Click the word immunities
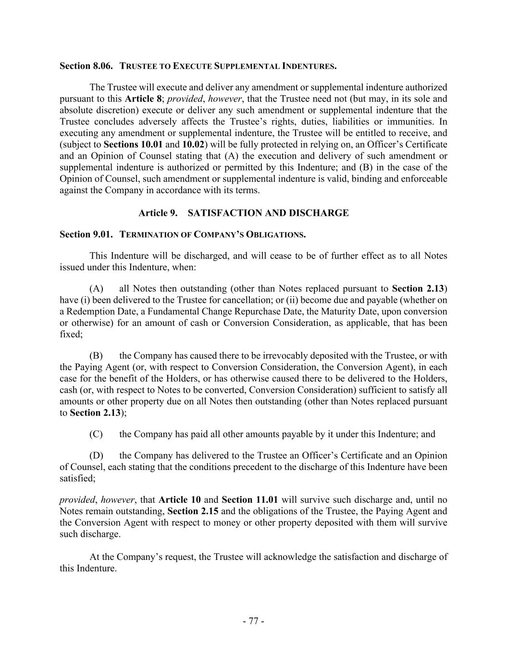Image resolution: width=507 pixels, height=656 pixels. pyautogui.click(x=423, y=122)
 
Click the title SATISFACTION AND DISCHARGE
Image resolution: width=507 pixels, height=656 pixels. pyautogui.click(x=268, y=213)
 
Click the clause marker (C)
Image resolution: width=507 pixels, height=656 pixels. pyautogui.click(x=96, y=434)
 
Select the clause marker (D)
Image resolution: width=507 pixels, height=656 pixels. pyautogui.click(x=96, y=455)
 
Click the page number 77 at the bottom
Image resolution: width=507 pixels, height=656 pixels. pyautogui.click(x=253, y=621)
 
